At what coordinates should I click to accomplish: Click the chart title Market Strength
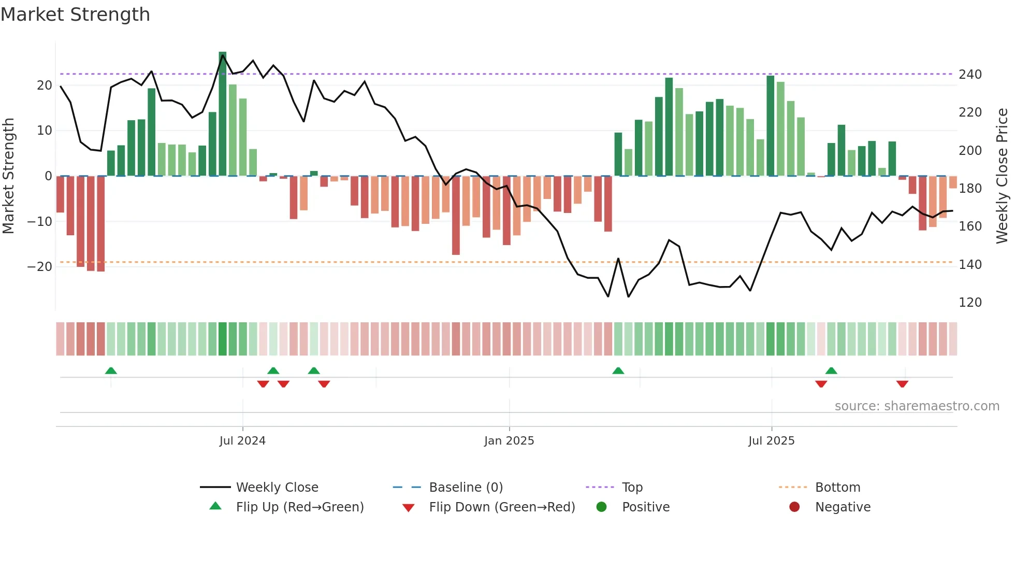pyautogui.click(x=76, y=15)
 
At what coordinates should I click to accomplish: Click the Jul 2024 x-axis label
pyautogui.click(x=242, y=441)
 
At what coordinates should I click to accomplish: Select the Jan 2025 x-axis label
pyautogui.click(x=509, y=441)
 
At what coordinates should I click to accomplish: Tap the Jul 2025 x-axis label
pyautogui.click(x=771, y=441)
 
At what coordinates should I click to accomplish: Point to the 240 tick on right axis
pyautogui.click(x=970, y=75)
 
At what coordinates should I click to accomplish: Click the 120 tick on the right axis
pyautogui.click(x=970, y=303)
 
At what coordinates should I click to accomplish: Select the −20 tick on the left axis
pyautogui.click(x=40, y=267)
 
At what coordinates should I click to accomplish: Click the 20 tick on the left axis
pyautogui.click(x=45, y=85)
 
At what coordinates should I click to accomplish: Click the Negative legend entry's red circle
pyautogui.click(x=794, y=507)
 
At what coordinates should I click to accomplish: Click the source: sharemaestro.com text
pyautogui.click(x=917, y=406)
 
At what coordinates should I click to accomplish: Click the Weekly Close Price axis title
pyautogui.click(x=1003, y=176)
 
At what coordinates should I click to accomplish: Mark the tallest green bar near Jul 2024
pyautogui.click(x=223, y=114)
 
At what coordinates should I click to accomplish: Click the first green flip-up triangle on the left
pyautogui.click(x=111, y=370)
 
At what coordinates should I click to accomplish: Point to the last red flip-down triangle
pyautogui.click(x=902, y=384)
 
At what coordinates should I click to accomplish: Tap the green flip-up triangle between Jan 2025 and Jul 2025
pyautogui.click(x=618, y=370)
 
